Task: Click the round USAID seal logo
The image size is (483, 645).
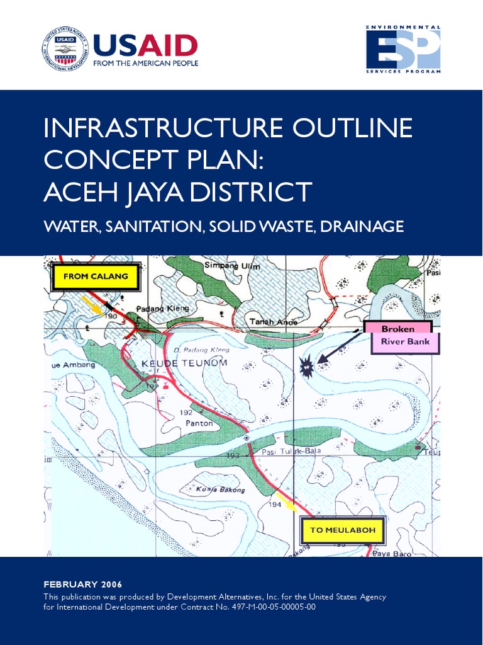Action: (x=65, y=49)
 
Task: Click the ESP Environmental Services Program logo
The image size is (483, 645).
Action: (x=403, y=49)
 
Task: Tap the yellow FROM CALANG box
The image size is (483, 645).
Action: (x=96, y=277)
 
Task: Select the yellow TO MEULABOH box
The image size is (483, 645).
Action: (x=342, y=530)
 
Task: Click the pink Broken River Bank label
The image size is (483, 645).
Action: (x=398, y=336)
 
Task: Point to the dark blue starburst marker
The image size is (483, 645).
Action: (x=308, y=367)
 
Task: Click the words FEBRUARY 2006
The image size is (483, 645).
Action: (x=83, y=584)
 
